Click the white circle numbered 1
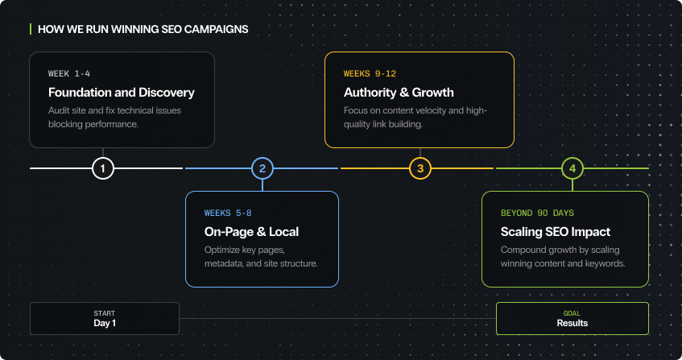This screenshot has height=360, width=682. pos(103,168)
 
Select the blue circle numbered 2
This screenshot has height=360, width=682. pos(262,168)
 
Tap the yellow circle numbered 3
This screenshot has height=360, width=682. pos(420,168)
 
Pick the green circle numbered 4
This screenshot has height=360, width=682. pos(572,168)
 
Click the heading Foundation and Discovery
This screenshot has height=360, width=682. pos(121,93)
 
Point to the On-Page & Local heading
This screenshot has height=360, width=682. pos(251,232)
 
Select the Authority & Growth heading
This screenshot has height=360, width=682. pos(399,93)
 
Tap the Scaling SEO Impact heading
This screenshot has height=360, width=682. pos(556,232)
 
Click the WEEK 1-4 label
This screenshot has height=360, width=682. pos(69,74)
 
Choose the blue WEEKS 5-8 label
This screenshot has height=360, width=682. pos(228,213)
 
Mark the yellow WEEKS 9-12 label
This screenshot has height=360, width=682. pos(370,74)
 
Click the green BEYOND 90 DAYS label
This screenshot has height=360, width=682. pos(537,213)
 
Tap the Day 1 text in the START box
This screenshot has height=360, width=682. pos(105,324)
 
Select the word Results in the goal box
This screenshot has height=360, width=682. pos(572,324)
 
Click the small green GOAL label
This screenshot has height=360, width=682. pos(572,313)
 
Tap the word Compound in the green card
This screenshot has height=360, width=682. pos(524,250)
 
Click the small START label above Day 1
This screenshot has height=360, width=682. pos(105,313)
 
